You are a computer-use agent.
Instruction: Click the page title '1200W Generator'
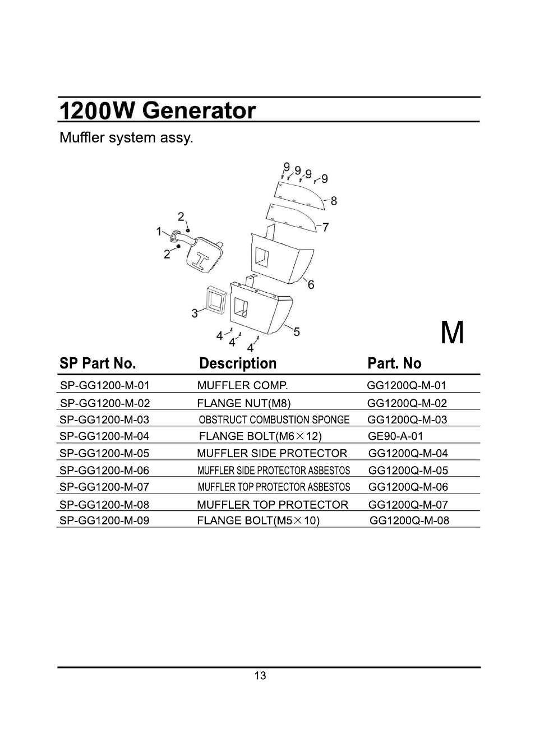tap(158, 110)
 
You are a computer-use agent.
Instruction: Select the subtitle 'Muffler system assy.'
tap(126, 138)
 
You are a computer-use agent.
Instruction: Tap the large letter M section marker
tap(452, 334)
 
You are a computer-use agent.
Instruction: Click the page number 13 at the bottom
tap(260, 676)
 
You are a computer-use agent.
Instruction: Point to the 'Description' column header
tap(238, 363)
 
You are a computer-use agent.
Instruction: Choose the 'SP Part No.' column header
tap(98, 363)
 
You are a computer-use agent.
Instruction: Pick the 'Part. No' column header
tap(394, 363)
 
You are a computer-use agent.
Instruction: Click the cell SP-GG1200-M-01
tap(105, 386)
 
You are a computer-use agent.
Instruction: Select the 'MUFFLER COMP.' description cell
tap(242, 386)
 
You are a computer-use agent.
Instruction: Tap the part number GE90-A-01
tap(395, 436)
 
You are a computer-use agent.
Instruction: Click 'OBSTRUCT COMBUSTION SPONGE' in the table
tap(274, 420)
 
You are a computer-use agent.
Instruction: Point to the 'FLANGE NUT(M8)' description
tap(244, 403)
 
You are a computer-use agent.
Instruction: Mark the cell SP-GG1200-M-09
tap(104, 520)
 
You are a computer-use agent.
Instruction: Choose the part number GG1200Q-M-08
tap(409, 520)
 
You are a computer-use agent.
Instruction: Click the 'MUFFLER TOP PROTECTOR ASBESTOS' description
tap(274, 487)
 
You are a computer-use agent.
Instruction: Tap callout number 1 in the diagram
tap(159, 231)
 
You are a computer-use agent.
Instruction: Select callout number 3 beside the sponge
tap(195, 313)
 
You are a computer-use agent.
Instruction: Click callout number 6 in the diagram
tap(311, 285)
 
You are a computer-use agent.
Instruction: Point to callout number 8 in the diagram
tap(334, 201)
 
